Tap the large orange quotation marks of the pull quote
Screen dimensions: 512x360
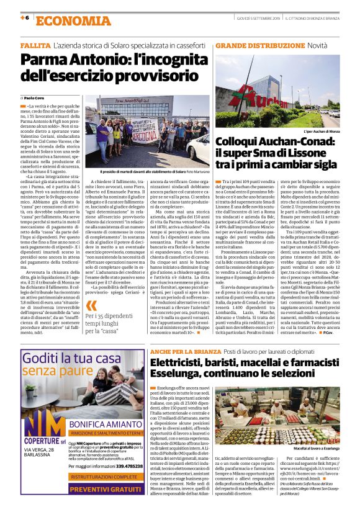92,306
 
